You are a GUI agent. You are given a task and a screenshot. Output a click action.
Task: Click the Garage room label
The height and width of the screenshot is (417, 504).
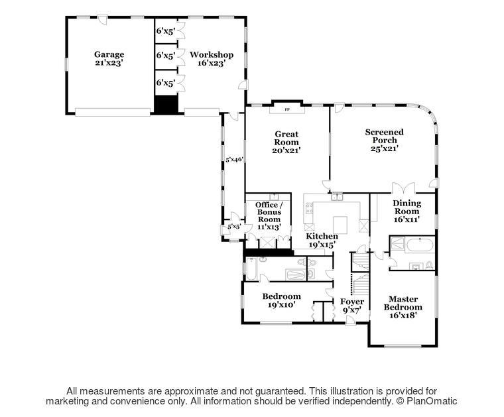[x=109, y=58]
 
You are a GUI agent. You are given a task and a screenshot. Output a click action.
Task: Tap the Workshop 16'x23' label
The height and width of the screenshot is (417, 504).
[x=211, y=58]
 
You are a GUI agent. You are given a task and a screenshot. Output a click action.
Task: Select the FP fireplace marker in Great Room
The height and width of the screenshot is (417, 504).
[x=287, y=109]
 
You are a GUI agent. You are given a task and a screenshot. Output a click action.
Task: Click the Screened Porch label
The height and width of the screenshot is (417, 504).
[x=385, y=140]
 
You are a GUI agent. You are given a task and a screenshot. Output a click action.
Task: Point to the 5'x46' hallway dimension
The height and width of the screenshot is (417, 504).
[x=233, y=158]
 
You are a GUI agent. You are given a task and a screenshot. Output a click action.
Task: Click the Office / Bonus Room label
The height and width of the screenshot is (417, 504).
[x=269, y=215]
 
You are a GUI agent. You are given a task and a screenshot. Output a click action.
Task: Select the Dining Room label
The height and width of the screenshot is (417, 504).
[x=407, y=211]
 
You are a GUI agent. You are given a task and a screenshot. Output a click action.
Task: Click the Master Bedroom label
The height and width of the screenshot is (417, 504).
[x=403, y=307]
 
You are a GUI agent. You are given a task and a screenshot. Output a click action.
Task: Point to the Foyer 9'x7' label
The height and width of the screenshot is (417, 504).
[x=352, y=306]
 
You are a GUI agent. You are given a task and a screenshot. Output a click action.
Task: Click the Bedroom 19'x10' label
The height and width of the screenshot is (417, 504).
[x=282, y=300]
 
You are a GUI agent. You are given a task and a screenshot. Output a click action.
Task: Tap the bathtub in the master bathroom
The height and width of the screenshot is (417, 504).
[x=420, y=246]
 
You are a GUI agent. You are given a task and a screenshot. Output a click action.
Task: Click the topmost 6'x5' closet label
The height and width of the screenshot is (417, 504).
[x=166, y=31]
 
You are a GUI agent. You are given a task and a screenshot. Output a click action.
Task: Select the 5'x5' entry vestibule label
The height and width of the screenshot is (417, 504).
[x=234, y=227]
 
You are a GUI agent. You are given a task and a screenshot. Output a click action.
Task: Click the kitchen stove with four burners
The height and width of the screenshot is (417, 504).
[x=309, y=208]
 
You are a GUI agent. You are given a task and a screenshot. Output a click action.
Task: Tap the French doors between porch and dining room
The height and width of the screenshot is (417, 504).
[x=403, y=188]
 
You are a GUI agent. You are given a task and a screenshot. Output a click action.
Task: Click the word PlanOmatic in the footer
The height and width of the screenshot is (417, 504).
[x=432, y=401]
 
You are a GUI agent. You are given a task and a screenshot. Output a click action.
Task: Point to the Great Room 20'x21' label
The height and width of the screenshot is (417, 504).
[x=286, y=142]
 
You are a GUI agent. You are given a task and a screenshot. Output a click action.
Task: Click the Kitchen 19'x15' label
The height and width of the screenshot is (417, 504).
[x=322, y=240]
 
